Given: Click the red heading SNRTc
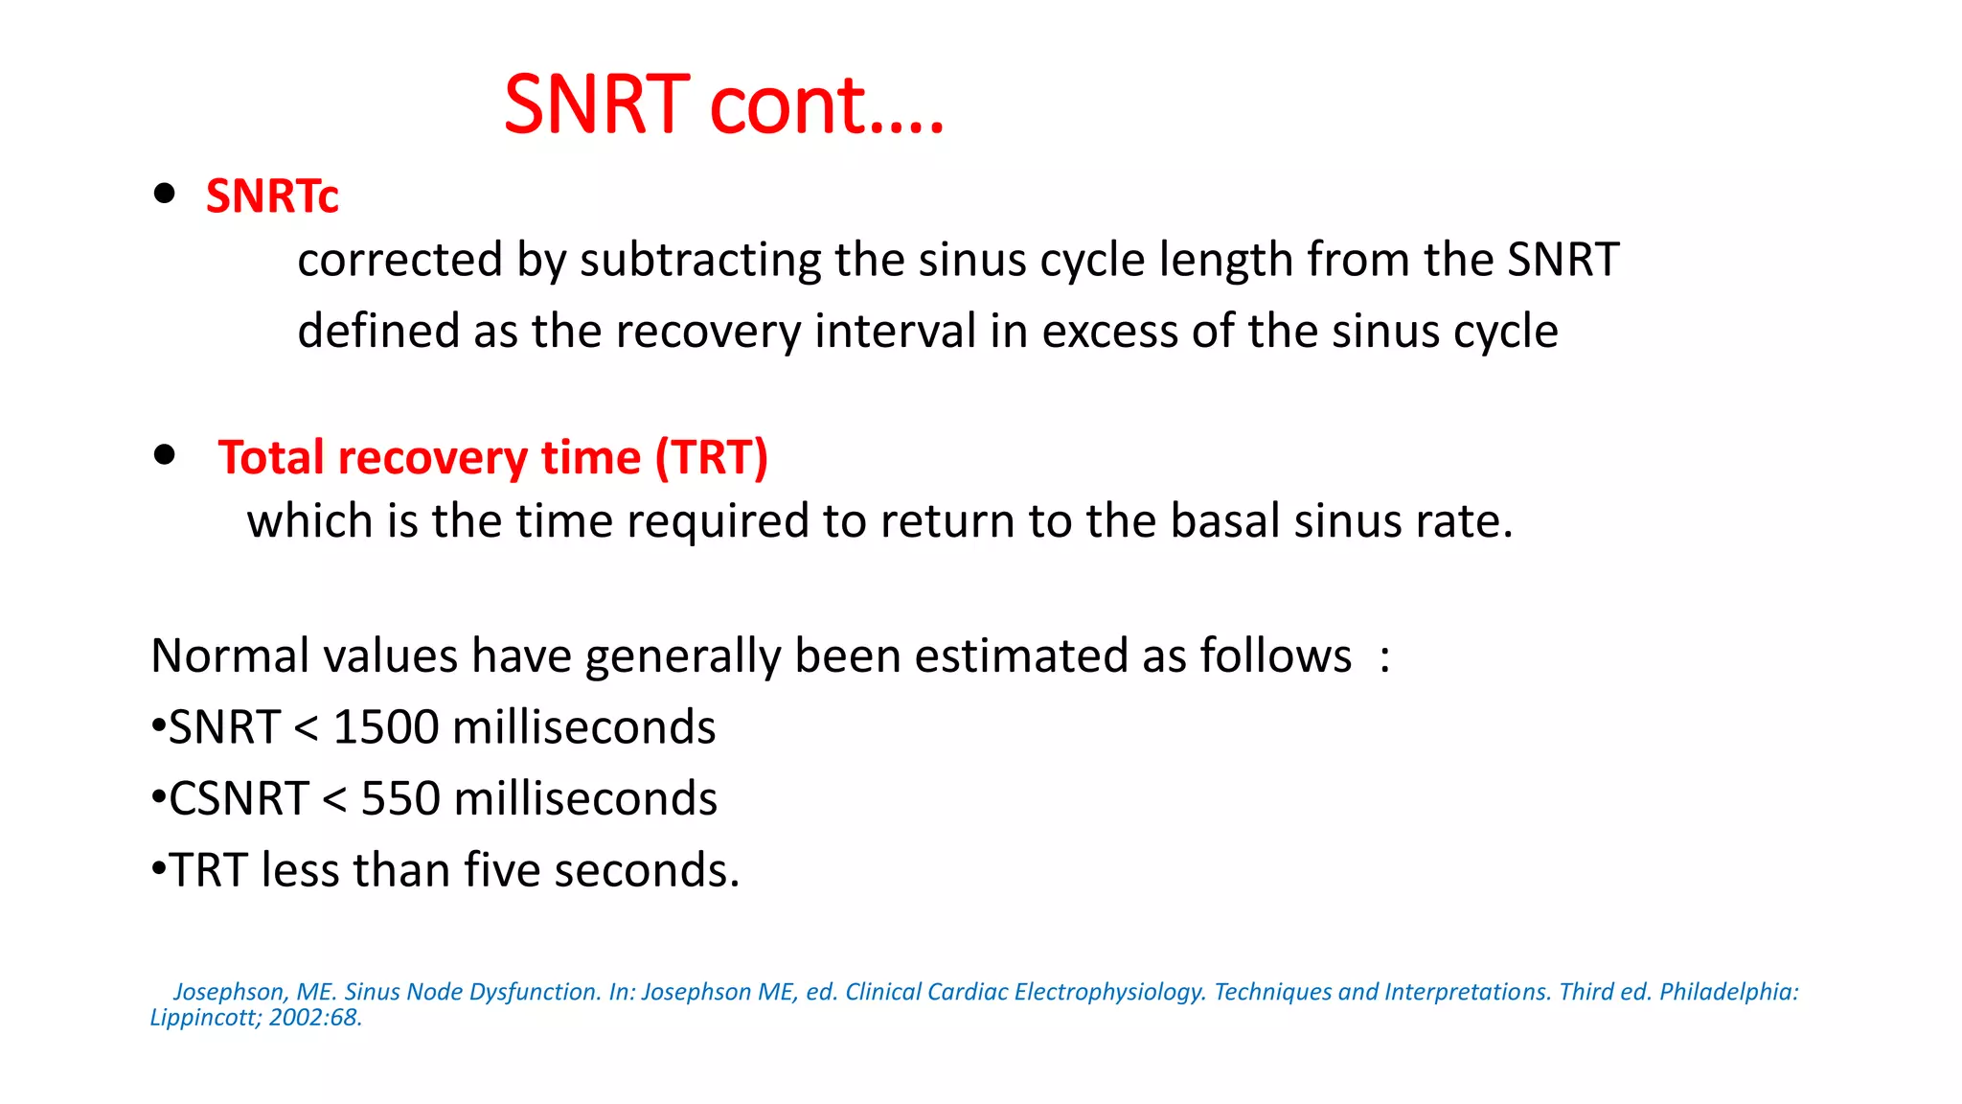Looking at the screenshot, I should (x=272, y=195).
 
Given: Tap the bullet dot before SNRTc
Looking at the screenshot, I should (x=165, y=194).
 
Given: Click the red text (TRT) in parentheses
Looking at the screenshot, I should (x=712, y=457).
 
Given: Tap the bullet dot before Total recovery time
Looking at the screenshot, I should (x=165, y=454).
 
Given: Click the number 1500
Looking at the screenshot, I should (x=386, y=727).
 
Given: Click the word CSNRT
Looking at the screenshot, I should (x=239, y=798).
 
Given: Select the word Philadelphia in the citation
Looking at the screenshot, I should (x=1728, y=992).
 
